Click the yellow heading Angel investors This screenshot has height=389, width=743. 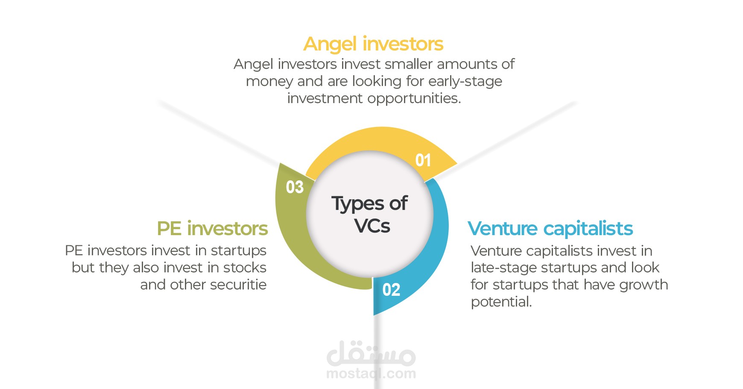click(x=373, y=44)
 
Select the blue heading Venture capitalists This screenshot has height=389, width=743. click(x=550, y=229)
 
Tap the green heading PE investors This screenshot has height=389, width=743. click(x=212, y=229)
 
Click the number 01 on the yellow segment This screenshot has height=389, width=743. click(x=423, y=160)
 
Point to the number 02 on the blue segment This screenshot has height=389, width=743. click(x=391, y=290)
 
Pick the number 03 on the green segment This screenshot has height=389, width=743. click(x=295, y=187)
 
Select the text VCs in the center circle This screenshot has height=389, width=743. click(x=372, y=226)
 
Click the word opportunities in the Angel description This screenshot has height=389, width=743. click(x=414, y=99)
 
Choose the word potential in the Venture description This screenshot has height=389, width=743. click(x=501, y=302)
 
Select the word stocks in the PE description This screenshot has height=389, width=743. click(x=245, y=268)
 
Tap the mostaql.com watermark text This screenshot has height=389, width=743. click(x=371, y=374)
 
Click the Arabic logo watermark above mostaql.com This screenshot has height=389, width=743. click(x=371, y=354)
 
